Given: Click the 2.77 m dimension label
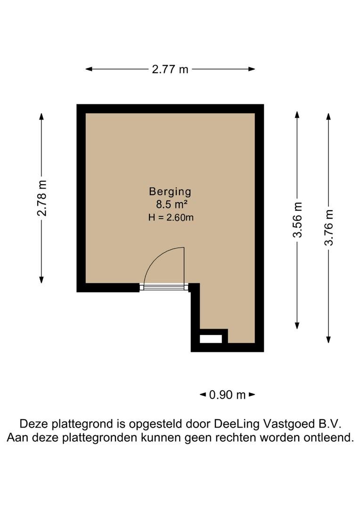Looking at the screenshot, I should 170,69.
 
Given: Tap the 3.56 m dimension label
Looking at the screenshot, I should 297,220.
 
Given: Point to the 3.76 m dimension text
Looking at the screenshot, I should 329,228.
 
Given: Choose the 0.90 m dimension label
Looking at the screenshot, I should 227,394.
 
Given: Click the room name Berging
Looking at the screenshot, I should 170,191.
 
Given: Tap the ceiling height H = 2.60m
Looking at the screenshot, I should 171,217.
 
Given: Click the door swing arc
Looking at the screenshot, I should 155,259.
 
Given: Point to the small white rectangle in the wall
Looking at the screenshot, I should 210,338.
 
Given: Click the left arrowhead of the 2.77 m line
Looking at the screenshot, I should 88,69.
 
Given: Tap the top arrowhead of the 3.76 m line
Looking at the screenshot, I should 329,115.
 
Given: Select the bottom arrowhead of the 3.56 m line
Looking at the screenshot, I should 297,326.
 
